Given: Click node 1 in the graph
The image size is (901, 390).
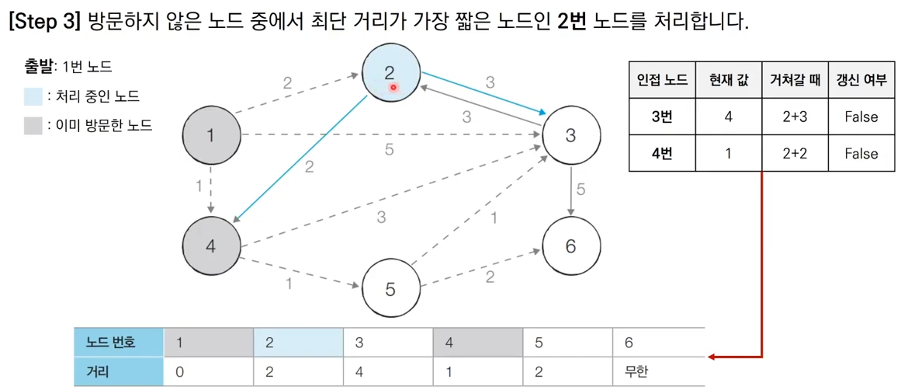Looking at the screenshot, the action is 211,135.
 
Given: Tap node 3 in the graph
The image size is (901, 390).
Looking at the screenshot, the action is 570,135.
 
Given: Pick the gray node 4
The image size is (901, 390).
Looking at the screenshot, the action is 211,247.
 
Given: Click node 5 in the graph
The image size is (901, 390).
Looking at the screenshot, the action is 390,289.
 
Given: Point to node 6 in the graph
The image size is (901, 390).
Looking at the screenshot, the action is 570,246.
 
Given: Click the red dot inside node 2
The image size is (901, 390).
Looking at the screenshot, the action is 393,88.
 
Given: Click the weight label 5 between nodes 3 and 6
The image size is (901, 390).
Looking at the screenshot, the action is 580,189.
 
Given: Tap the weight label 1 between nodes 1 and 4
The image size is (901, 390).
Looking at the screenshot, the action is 199,186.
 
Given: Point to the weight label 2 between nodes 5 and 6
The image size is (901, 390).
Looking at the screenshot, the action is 490,277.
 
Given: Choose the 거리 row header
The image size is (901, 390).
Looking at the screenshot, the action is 97,372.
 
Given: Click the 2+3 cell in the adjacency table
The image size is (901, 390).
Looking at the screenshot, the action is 794,117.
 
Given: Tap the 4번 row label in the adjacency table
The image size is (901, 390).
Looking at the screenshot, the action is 661,154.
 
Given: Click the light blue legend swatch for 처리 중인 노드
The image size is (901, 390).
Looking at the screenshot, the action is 33,96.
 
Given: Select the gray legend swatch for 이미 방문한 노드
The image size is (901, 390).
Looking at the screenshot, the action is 33,125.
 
